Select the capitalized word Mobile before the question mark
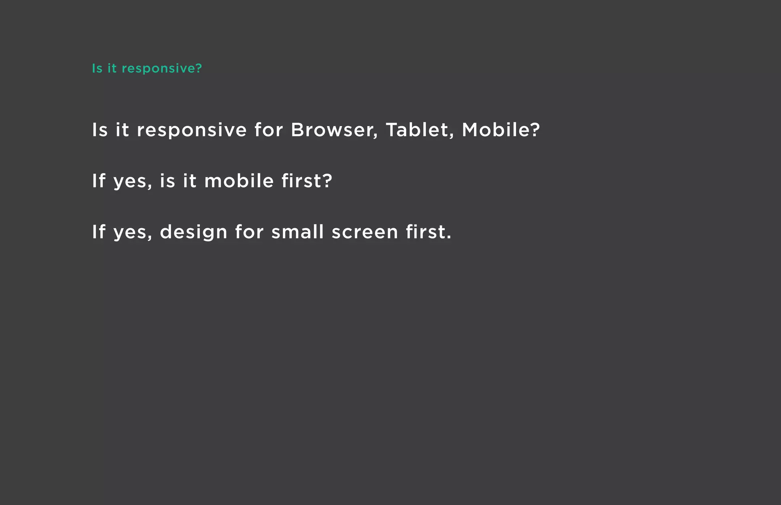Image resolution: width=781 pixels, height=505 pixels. click(x=495, y=130)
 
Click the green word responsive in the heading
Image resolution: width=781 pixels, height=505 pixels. click(x=158, y=69)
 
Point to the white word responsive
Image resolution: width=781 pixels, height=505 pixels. click(x=192, y=131)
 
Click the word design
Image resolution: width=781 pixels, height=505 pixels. click(x=193, y=232)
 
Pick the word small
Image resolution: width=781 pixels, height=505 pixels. click(x=297, y=232)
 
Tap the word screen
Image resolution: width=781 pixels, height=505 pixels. click(x=365, y=232)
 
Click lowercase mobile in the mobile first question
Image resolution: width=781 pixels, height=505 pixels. click(x=239, y=181)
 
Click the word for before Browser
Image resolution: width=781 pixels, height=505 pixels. click(x=268, y=130)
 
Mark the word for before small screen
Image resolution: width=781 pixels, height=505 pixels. click(x=249, y=232)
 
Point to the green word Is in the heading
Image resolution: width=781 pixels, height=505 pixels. click(x=97, y=69)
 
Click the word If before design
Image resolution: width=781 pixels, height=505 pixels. click(x=98, y=232)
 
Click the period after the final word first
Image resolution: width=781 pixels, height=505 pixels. click(x=449, y=238)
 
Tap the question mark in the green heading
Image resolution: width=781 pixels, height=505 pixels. click(x=198, y=69)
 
